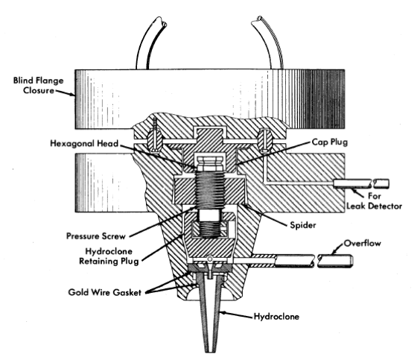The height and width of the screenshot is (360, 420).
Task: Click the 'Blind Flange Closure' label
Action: [38, 86]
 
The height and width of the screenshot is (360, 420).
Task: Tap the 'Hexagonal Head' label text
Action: [84, 143]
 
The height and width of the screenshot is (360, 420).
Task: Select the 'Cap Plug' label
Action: [330, 142]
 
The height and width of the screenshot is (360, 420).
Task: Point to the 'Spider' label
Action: [302, 225]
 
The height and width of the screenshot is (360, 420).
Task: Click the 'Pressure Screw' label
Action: [95, 236]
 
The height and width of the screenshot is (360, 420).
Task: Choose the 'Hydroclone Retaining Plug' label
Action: [109, 256]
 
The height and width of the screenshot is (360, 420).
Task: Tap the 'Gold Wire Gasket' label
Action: [104, 292]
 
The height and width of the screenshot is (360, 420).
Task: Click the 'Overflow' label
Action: [362, 244]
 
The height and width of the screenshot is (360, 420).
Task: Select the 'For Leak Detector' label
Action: [374, 200]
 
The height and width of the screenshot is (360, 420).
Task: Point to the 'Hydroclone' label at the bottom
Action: [276, 317]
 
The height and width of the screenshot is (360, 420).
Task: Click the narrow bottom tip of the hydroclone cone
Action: [210, 350]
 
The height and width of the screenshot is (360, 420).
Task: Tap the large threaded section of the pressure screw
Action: [210, 189]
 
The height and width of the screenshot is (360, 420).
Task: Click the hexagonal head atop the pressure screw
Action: [210, 163]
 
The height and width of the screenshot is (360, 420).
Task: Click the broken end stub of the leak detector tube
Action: [381, 184]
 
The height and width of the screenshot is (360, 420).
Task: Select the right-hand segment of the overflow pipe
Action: [335, 262]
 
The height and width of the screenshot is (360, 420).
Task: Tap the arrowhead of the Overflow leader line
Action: [334, 252]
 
